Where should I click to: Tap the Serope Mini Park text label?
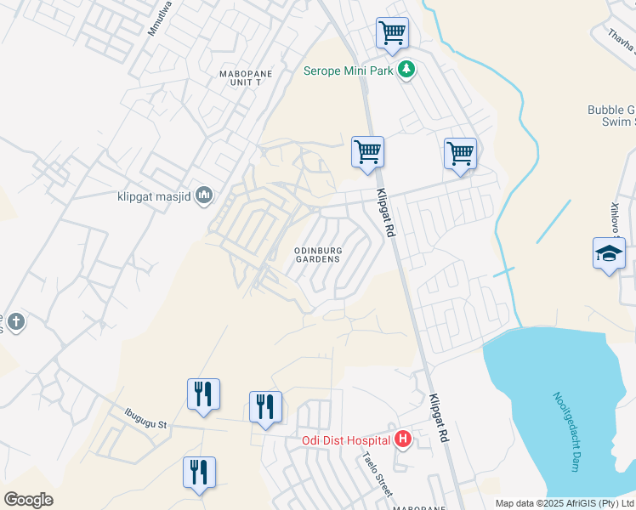[x=349, y=71]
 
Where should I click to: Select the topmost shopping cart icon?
[x=392, y=34]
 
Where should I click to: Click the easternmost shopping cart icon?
[x=460, y=154]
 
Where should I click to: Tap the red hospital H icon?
[x=403, y=439]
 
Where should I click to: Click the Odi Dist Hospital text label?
[x=346, y=440]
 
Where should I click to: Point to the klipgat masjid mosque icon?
[x=203, y=197]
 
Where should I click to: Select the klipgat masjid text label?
[x=153, y=197]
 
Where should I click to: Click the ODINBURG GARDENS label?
[x=316, y=254]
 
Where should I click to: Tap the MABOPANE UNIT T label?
[x=246, y=79]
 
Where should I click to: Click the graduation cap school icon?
[x=609, y=253]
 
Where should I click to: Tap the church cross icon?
[x=15, y=321]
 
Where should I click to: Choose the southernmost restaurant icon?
[x=199, y=473]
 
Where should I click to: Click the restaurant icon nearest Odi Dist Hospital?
[x=265, y=406]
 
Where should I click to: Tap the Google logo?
[x=28, y=500]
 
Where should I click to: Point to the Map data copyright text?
[x=565, y=503]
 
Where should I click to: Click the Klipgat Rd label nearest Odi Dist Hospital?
[x=439, y=418]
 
